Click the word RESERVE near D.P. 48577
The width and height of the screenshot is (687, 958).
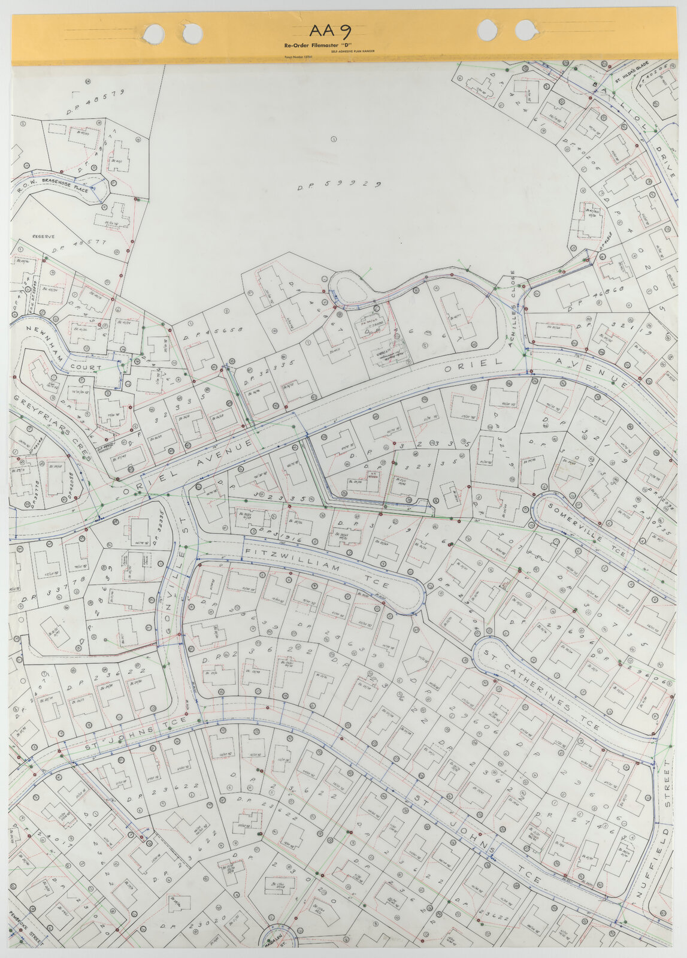(x=43, y=236)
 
